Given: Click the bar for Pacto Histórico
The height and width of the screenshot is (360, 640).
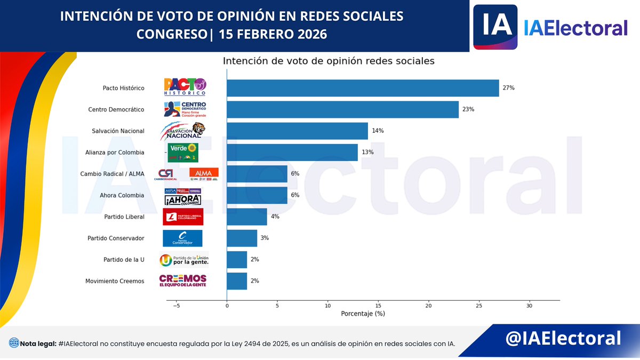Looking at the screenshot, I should [x=363, y=88].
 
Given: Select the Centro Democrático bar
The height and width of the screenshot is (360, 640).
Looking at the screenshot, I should [x=342, y=109].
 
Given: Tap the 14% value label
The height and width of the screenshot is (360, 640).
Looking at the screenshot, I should [x=378, y=131].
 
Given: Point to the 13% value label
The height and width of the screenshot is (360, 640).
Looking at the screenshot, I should [x=368, y=152].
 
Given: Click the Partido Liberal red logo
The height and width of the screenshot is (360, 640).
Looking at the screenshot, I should [x=183, y=217].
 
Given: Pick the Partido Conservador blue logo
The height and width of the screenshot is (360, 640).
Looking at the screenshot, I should [x=182, y=238].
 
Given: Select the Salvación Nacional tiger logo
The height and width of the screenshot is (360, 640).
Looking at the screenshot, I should [x=183, y=131].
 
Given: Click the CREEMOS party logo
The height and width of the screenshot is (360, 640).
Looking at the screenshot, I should [x=183, y=281].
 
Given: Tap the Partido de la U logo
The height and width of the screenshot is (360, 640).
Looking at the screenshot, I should [x=184, y=260].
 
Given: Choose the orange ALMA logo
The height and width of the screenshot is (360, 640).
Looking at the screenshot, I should [x=204, y=173].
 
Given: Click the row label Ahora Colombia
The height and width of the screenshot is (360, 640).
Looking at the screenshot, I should [x=122, y=195].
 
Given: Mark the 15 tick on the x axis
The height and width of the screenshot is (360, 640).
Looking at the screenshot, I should [x=378, y=306].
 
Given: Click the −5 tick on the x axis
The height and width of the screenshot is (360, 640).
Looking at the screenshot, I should [x=177, y=306].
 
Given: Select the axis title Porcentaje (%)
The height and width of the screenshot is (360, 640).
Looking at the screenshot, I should [x=363, y=314].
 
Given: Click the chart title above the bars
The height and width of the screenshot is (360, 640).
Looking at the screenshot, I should [x=329, y=61].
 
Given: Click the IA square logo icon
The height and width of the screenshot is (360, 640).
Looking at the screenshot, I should [x=495, y=27].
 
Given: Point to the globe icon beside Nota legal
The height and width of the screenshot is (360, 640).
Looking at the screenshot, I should [x=13, y=343].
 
